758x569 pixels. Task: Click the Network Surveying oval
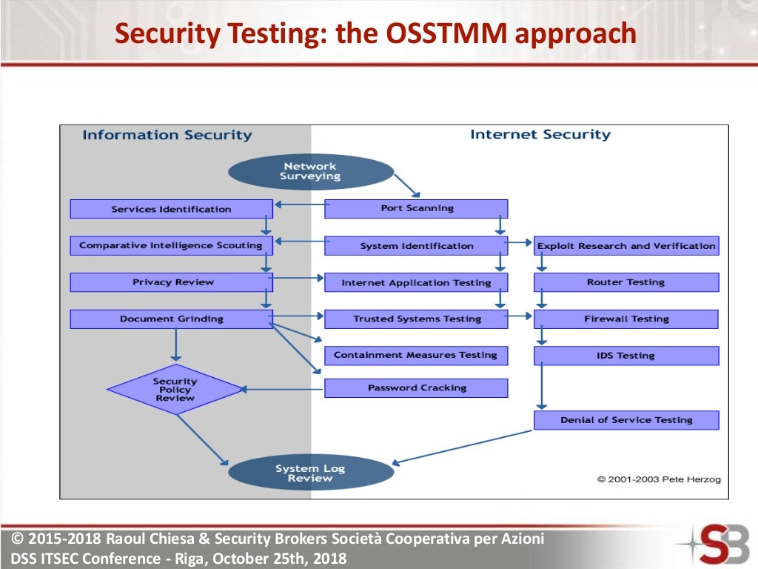(310, 171)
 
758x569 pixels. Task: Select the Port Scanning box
(416, 208)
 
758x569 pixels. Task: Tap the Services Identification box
(171, 209)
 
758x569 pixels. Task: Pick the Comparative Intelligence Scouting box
(171, 245)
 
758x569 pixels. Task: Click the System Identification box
(416, 245)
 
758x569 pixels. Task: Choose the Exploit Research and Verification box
(626, 245)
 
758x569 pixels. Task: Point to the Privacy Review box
(171, 282)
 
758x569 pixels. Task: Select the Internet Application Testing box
(416, 282)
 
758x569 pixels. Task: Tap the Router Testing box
(626, 282)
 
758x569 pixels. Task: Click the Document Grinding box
(171, 319)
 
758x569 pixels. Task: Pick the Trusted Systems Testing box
(416, 319)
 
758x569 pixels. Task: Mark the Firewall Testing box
(626, 319)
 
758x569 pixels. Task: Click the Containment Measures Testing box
(416, 355)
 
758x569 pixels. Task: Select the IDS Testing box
(626, 356)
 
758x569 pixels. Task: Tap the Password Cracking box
(416, 387)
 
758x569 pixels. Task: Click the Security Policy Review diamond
(175, 389)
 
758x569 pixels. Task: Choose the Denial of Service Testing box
(626, 420)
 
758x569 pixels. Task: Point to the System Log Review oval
(310, 473)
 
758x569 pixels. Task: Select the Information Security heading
(167, 135)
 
